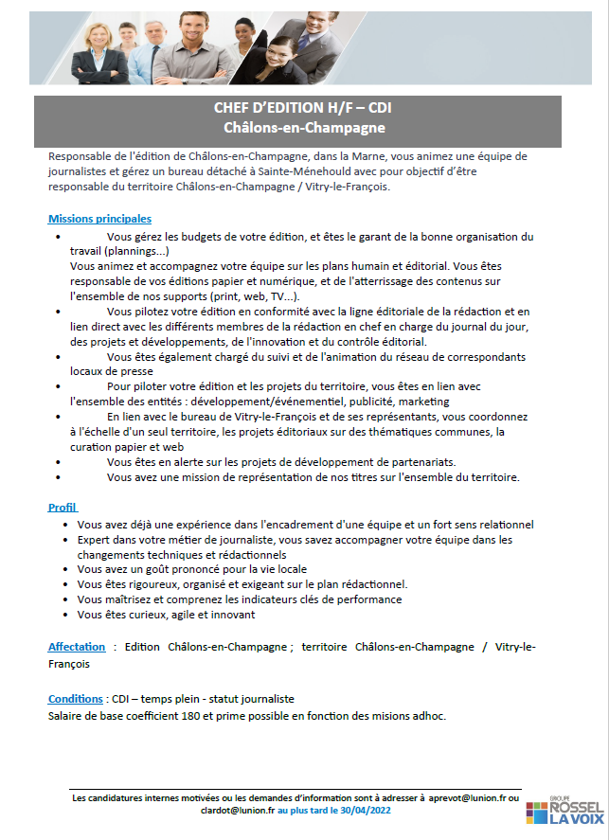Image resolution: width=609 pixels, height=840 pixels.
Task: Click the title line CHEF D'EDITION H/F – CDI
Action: pyautogui.click(x=304, y=109)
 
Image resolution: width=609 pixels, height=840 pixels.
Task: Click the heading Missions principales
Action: pyautogui.click(x=99, y=219)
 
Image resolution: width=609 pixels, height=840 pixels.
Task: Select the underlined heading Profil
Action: pyautogui.click(x=62, y=507)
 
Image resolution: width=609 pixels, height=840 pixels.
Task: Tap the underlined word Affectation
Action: pyautogui.click(x=77, y=647)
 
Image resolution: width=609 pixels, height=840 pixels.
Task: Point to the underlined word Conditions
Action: pyautogui.click(x=75, y=699)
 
